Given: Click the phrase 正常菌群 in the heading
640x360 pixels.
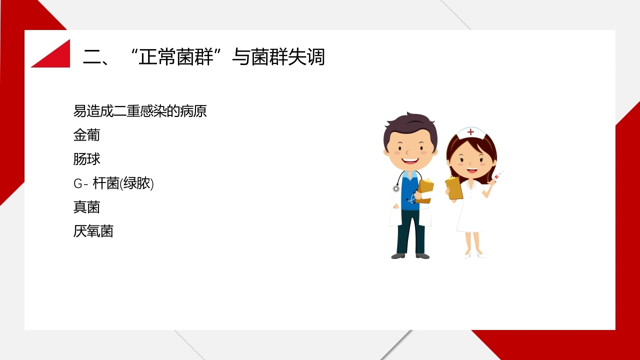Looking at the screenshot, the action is [x=176, y=57].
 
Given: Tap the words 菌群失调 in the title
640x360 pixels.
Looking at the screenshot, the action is [x=288, y=57].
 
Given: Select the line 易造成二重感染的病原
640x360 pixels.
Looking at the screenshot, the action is [x=139, y=111].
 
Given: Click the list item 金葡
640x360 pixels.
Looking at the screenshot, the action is [x=86, y=135].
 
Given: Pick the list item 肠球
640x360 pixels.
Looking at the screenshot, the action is [x=86, y=159].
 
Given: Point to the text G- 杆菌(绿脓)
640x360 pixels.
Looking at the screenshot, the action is [x=113, y=183].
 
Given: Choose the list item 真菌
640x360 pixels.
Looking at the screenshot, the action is [x=86, y=207].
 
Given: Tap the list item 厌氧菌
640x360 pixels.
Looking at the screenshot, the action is [x=93, y=231].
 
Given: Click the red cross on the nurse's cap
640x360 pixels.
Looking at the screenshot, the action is [x=470, y=132].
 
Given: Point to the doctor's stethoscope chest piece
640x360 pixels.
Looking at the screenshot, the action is [x=396, y=188].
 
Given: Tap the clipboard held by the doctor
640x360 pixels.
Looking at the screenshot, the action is [x=424, y=191].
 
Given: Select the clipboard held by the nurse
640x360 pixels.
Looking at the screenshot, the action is [x=454, y=187].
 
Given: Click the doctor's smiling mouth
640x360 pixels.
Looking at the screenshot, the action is [x=410, y=161].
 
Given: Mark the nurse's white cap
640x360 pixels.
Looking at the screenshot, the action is [x=470, y=133].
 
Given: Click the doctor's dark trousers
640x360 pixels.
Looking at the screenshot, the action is [x=411, y=232].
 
